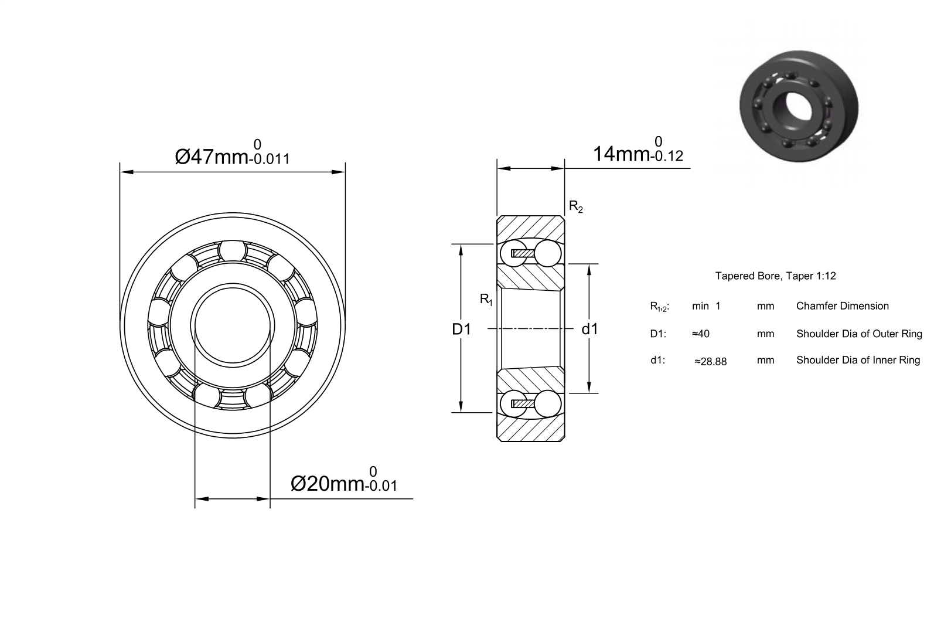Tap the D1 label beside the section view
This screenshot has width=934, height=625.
461,330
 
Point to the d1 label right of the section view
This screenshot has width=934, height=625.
589,330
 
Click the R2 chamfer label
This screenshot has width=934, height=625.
576,206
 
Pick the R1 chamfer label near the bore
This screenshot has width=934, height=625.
486,299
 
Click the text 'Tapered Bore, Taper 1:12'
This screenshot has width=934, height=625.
776,276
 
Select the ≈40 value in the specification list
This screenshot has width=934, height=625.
701,334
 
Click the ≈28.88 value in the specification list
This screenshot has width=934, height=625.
711,361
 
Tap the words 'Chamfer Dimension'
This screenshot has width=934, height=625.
842,306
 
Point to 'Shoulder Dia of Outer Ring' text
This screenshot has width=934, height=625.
859,334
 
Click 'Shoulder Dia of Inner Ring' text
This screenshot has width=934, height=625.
858,360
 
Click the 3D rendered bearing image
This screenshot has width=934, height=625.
799,106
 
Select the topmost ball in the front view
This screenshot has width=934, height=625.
232,251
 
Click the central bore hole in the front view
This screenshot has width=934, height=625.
232,325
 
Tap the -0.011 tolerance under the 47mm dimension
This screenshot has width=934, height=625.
269,159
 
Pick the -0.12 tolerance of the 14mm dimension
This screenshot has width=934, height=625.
667,156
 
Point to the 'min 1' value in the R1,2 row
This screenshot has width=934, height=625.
706,306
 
